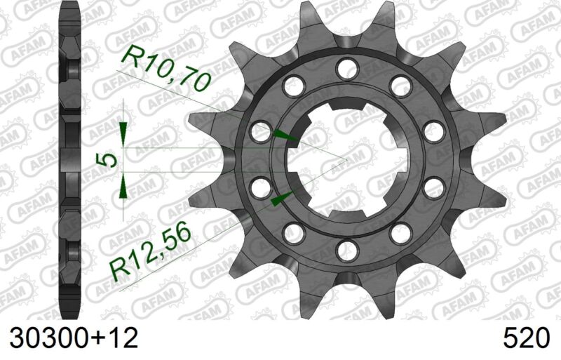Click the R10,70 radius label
(166, 68)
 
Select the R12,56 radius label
(151, 249)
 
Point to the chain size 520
(525, 338)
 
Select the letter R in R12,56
(118, 267)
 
